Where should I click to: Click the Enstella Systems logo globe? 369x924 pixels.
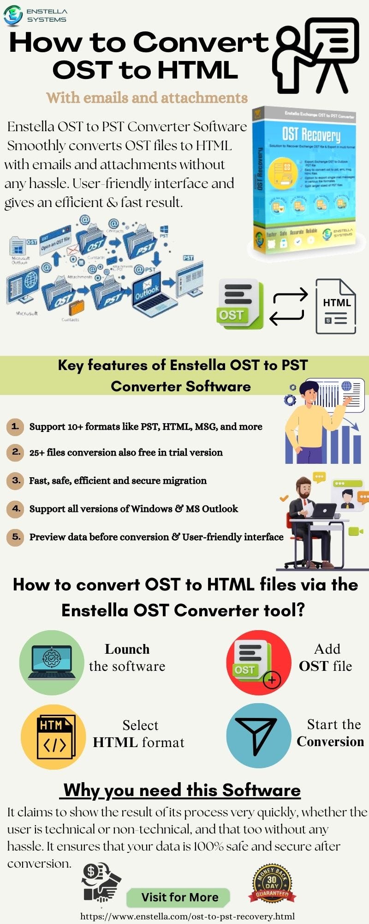[13, 15]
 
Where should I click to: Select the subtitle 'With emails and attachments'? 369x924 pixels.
[147, 98]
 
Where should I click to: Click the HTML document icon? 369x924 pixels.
[336, 306]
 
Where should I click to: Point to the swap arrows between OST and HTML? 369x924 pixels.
[288, 306]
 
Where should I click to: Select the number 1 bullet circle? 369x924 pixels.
[15, 426]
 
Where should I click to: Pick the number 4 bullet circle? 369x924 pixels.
[15, 509]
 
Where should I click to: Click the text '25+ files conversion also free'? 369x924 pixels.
[125, 452]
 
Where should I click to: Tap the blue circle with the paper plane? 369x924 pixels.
[258, 736]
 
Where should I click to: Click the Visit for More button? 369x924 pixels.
[179, 897]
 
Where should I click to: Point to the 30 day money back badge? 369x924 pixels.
[272, 885]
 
